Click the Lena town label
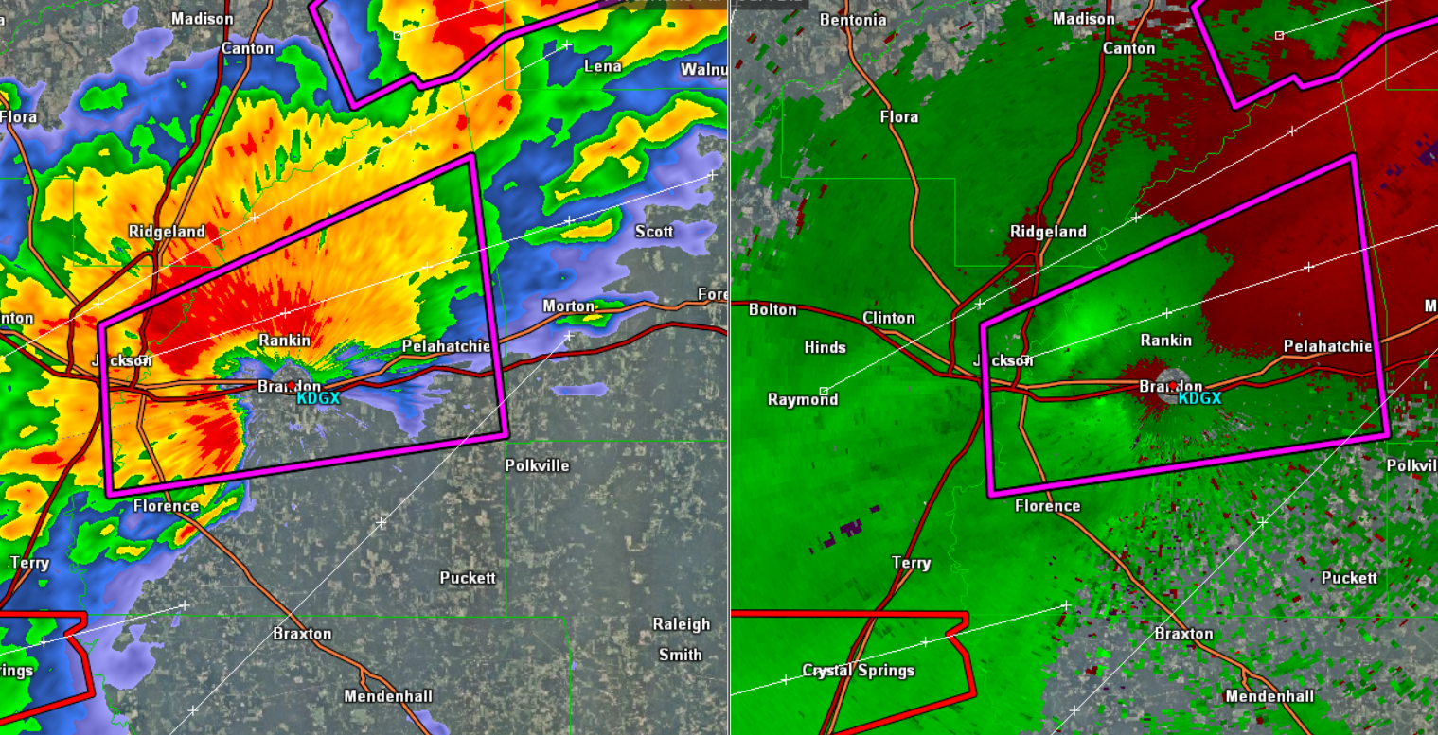click(x=602, y=66)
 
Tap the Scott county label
click(x=654, y=232)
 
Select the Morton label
click(x=568, y=306)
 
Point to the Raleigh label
click(x=681, y=624)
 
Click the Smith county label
click(x=681, y=655)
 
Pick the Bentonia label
click(x=853, y=20)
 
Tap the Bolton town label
click(x=772, y=309)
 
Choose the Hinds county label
click(x=825, y=348)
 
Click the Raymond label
click(x=803, y=399)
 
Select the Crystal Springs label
click(x=859, y=671)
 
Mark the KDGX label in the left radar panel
click(x=319, y=399)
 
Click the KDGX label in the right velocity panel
click(x=1199, y=398)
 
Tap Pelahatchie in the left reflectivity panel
click(x=447, y=346)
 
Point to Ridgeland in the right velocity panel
click(x=1048, y=232)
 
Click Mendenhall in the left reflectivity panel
click(x=388, y=696)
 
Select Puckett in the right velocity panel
click(x=1349, y=578)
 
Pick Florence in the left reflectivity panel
click(x=166, y=506)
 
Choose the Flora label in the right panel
click(x=898, y=117)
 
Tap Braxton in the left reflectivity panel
click(x=302, y=634)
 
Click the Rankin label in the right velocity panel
click(x=1165, y=341)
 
